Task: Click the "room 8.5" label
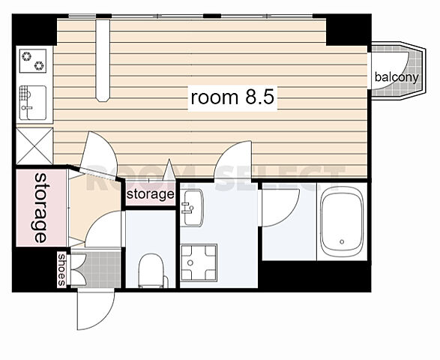tap(232, 97)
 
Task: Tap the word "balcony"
tap(397, 76)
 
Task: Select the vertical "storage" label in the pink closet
tap(40, 208)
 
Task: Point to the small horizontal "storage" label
tap(150, 193)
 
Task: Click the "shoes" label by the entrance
tap(61, 269)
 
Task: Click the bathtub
tap(342, 222)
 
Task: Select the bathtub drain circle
tap(342, 241)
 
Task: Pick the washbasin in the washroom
tap(192, 208)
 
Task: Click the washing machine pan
tap(199, 262)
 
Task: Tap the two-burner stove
tap(33, 61)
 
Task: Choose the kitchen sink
tap(33, 103)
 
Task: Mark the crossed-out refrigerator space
tap(34, 146)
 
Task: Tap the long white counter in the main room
tap(103, 59)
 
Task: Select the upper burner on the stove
tap(27, 56)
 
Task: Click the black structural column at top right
tap(349, 30)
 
